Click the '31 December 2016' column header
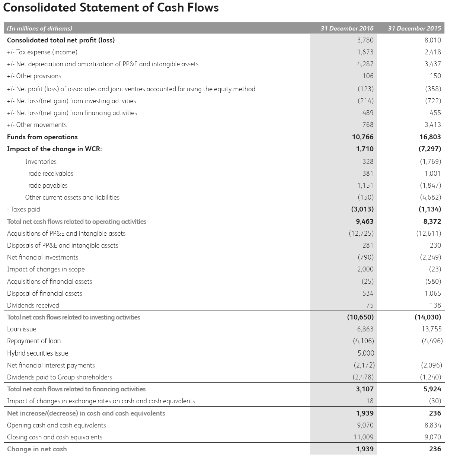[x=347, y=28]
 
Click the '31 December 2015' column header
[x=414, y=28]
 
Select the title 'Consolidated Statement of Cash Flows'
[x=111, y=7]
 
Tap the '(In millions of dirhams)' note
[x=40, y=28]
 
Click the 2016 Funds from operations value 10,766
[x=362, y=137]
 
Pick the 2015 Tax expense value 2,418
[x=432, y=52]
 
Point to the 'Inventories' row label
[x=41, y=162]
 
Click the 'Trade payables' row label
[x=47, y=185]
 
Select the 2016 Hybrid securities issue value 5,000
[x=365, y=353]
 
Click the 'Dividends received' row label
[x=33, y=305]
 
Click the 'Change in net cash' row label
[x=37, y=449]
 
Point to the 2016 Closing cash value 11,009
[x=363, y=437]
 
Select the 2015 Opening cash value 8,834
[x=432, y=425]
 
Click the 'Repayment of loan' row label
[x=34, y=341]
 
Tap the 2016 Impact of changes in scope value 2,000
[x=365, y=269]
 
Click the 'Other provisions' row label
[x=34, y=76]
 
